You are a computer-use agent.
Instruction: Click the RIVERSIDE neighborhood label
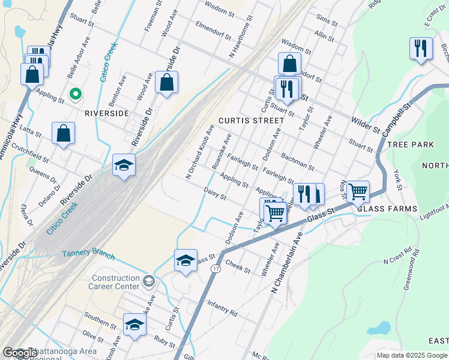107,113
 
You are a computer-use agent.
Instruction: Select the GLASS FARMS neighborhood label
387,208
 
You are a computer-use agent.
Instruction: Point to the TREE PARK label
411,145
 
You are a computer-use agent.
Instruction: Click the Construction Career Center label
115,283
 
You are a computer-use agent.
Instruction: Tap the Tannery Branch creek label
88,254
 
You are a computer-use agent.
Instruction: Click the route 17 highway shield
215,268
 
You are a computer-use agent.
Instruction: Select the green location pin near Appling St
76,94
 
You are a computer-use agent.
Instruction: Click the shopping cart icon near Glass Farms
358,192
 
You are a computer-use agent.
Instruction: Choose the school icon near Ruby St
135,325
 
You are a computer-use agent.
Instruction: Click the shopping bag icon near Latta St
63,133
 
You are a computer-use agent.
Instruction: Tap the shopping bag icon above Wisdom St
289,63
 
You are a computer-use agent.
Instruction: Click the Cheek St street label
239,266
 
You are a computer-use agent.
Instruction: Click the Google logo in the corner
20,353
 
